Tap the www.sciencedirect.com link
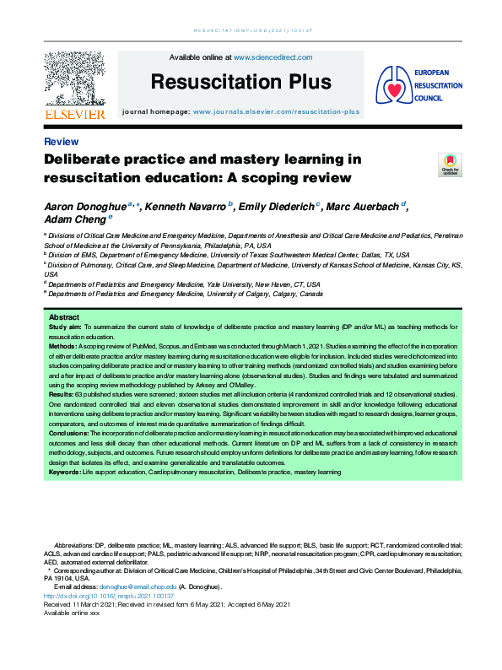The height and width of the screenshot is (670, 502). [273, 57]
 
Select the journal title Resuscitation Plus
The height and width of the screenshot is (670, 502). [240, 82]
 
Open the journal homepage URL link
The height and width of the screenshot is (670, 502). [276, 111]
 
